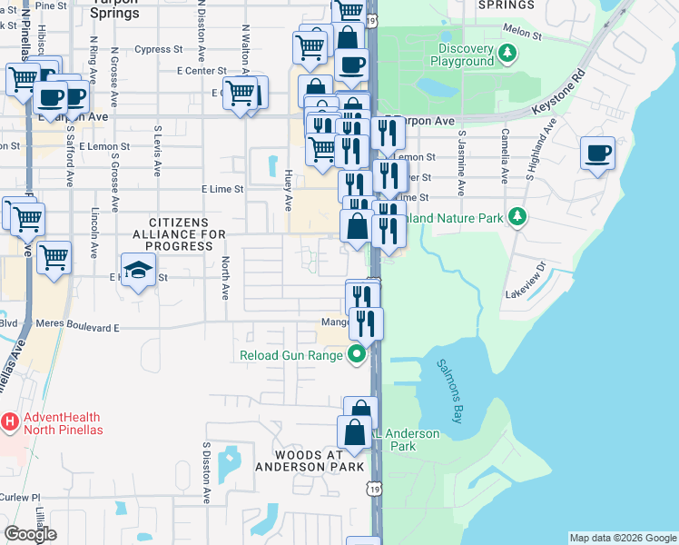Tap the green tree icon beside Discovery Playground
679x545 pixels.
(508, 54)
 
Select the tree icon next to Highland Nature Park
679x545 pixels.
(517, 216)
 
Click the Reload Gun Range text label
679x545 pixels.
(290, 355)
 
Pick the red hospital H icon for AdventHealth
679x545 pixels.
(10, 422)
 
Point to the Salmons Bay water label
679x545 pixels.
(451, 391)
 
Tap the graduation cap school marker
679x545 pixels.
(137, 271)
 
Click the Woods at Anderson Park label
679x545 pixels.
(310, 461)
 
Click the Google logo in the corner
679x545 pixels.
(30, 534)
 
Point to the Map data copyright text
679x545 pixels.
(622, 538)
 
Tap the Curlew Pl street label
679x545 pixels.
(22, 498)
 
